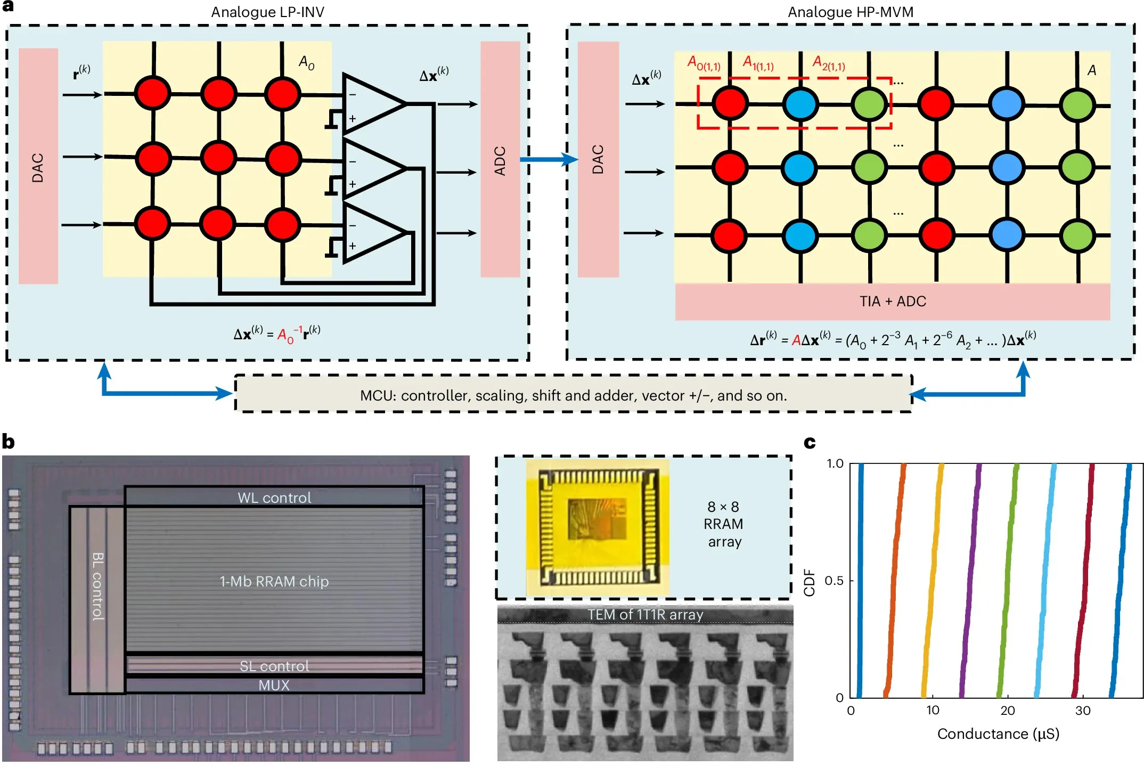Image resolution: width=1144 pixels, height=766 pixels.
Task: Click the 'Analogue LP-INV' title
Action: pos(267,12)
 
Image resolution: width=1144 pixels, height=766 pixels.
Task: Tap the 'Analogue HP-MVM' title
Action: pos(851,12)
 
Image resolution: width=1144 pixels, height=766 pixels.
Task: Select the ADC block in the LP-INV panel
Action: pos(500,160)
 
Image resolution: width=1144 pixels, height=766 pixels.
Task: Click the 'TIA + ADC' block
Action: pos(893,301)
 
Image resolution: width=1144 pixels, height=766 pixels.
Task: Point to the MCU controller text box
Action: pos(573,395)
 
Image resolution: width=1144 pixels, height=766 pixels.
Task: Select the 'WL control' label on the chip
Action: pos(274,498)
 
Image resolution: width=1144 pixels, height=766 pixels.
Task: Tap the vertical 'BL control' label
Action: pos(98,586)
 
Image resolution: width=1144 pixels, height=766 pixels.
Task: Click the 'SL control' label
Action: pos(274,666)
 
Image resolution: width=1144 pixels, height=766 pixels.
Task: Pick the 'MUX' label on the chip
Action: pos(274,685)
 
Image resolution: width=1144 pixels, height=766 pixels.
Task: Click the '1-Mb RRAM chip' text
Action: pos(274,581)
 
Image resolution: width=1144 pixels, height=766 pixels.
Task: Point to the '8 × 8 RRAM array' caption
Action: pos(723,524)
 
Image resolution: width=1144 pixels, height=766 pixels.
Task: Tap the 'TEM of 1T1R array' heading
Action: pos(645,615)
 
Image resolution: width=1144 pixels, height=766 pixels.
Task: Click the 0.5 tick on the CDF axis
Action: pos(834,580)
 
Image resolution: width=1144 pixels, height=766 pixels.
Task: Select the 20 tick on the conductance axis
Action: pos(1007,710)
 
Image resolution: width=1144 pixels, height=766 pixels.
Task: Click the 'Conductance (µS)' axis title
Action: pos(998,734)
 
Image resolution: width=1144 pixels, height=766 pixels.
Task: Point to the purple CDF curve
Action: pos(970,581)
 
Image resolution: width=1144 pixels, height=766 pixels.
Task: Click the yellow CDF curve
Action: pos(933,581)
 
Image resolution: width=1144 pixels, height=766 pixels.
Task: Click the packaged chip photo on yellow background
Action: pos(598,527)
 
